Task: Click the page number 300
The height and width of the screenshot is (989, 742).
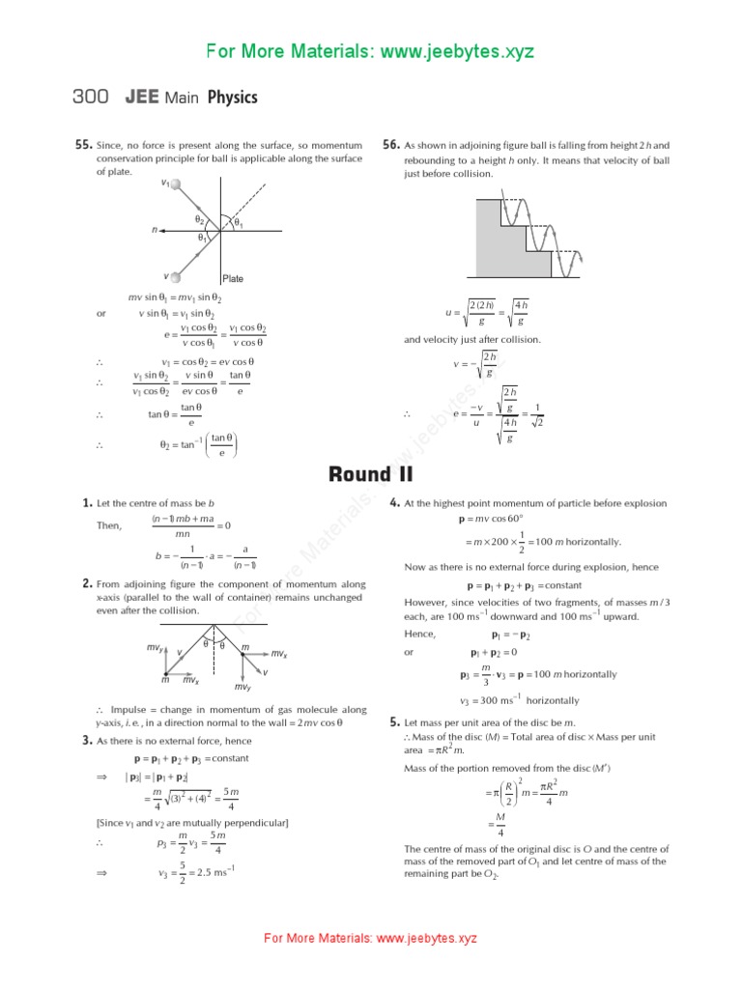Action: pyautogui.click(x=93, y=98)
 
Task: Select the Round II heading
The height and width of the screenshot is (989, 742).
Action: pyautogui.click(x=371, y=473)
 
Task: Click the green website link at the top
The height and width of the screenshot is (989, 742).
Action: pyautogui.click(x=371, y=51)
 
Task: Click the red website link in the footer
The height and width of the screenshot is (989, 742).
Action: pyautogui.click(x=371, y=938)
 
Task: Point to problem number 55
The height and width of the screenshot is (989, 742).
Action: pyautogui.click(x=83, y=145)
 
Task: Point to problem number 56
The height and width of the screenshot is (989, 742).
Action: pyautogui.click(x=391, y=145)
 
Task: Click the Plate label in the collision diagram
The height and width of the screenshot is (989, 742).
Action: pyautogui.click(x=233, y=278)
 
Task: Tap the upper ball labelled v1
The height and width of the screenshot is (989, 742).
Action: pyautogui.click(x=175, y=185)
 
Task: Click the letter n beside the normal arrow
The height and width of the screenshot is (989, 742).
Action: pyautogui.click(x=155, y=231)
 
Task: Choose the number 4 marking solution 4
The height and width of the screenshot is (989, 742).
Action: pyautogui.click(x=394, y=503)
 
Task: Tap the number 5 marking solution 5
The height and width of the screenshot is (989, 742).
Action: pyautogui.click(x=394, y=721)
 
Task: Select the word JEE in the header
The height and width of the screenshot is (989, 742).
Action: pyautogui.click(x=141, y=98)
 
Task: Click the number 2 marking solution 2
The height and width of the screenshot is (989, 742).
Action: pyautogui.click(x=87, y=583)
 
